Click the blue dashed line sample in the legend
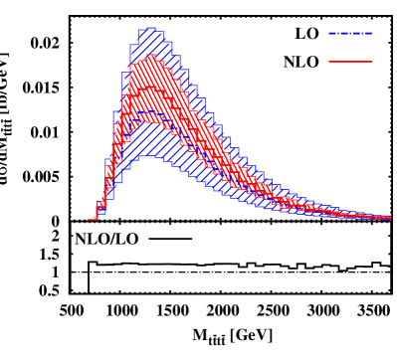350,33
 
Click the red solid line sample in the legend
350,62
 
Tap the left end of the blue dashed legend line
329,33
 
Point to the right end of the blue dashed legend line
372,33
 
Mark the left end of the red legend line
329,62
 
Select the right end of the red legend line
372,62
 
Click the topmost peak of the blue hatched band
150,28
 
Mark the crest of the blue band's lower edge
148,155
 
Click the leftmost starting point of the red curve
91,219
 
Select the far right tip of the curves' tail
390,218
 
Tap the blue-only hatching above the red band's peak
150,42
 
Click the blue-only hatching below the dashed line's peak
148,134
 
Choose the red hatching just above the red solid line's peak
150,72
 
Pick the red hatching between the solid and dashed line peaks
149,99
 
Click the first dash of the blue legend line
332,33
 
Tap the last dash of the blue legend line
368,33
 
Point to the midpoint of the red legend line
350,62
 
